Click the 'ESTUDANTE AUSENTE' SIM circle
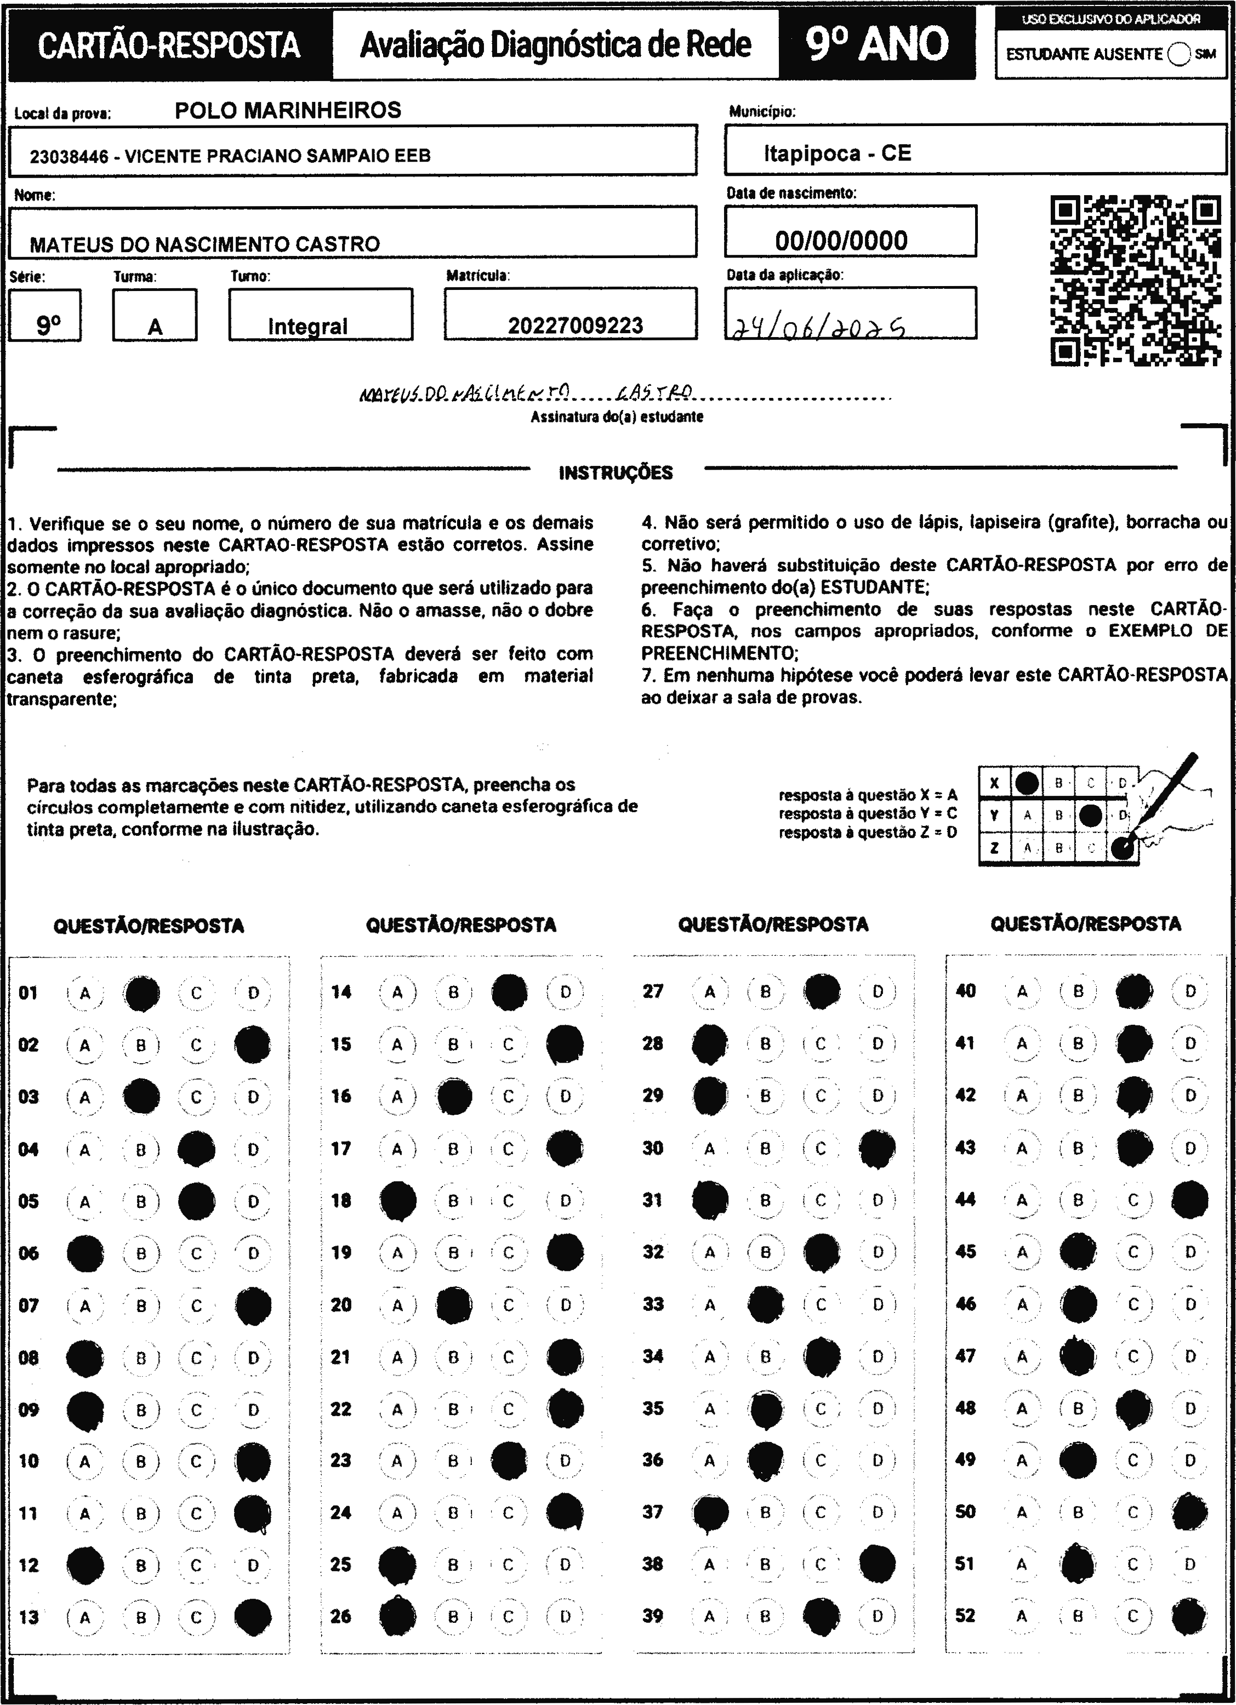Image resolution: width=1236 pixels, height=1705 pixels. click(1180, 54)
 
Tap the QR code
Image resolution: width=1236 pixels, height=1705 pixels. click(1135, 281)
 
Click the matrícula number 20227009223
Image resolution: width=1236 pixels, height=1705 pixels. click(575, 326)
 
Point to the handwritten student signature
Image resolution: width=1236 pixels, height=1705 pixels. click(526, 392)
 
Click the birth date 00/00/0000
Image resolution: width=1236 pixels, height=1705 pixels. click(841, 241)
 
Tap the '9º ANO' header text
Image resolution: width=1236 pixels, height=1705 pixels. click(876, 44)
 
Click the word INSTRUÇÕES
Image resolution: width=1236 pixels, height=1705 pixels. click(616, 473)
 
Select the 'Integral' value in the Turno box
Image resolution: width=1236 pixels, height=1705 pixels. click(307, 326)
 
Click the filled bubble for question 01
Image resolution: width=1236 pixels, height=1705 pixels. click(141, 993)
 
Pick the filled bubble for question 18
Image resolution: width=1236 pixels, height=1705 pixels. click(398, 1201)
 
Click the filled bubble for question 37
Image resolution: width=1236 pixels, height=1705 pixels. click(710, 1513)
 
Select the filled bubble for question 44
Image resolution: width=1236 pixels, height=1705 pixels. click(1189, 1200)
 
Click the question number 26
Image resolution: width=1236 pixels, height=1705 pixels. click(340, 1616)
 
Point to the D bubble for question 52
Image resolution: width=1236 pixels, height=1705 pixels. click(1189, 1616)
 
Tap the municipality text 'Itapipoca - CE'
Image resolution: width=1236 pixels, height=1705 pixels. click(837, 153)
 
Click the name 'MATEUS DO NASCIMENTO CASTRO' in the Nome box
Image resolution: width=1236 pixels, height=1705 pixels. click(204, 244)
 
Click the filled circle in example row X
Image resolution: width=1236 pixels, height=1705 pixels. click(1027, 783)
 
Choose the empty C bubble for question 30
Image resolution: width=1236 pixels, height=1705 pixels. click(820, 1149)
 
